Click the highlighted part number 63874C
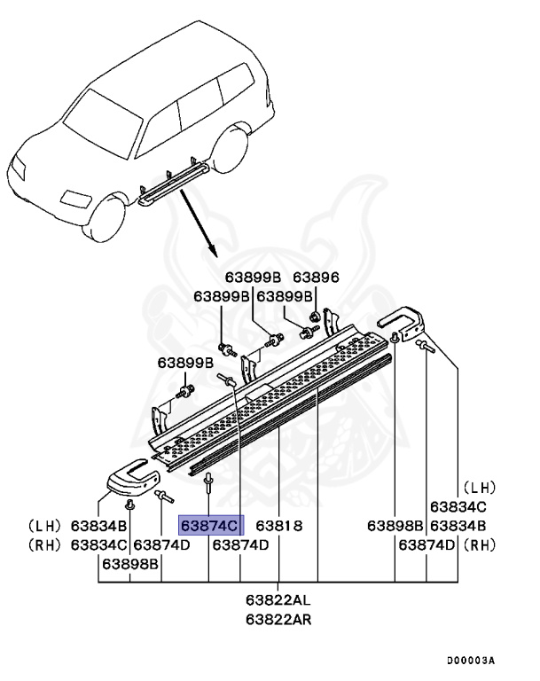[x=211, y=525]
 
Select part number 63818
[x=279, y=525]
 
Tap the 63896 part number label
[x=316, y=278]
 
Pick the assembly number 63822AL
[x=278, y=601]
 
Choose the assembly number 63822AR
[x=278, y=618]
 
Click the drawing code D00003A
[x=470, y=661]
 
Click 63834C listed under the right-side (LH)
[x=458, y=506]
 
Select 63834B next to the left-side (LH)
[x=99, y=525]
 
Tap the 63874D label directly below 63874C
[x=239, y=544]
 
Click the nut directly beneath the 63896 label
[x=315, y=317]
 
